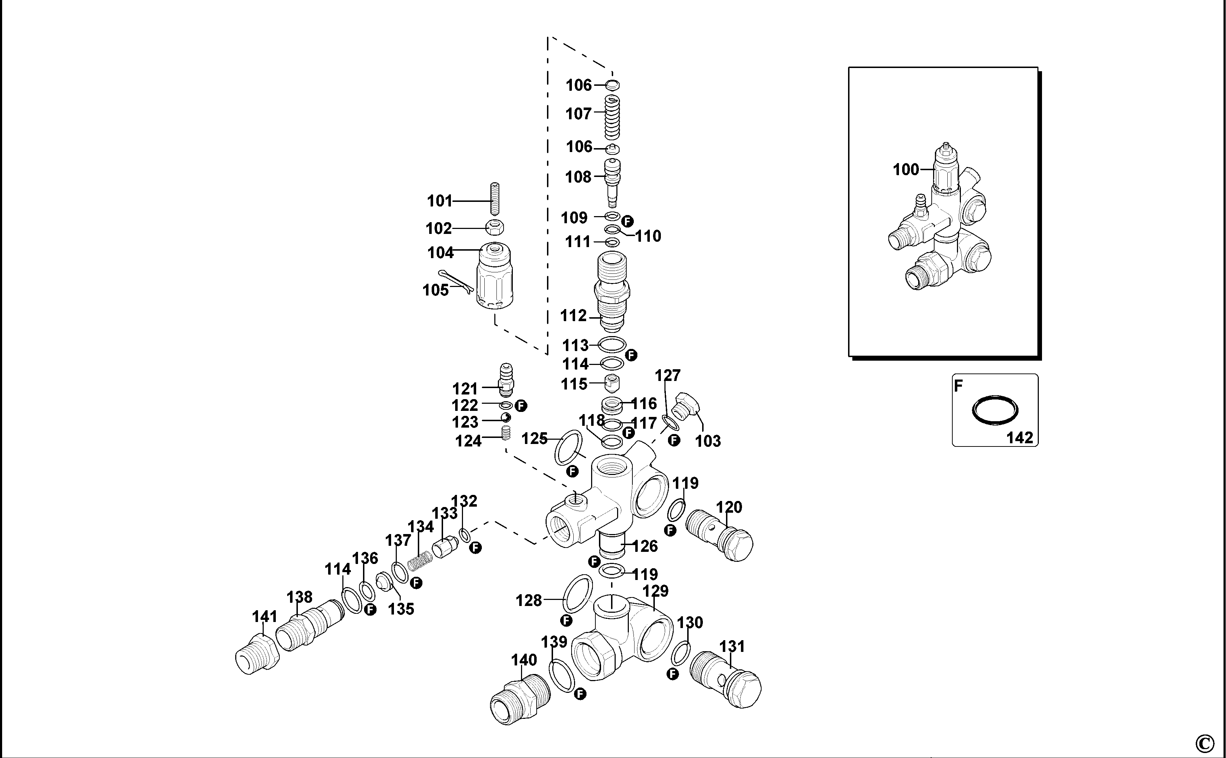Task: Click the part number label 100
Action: click(x=906, y=170)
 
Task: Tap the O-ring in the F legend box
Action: click(x=995, y=411)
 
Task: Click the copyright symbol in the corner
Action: click(x=1204, y=743)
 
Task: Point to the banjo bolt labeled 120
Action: click(x=719, y=536)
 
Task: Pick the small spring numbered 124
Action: click(x=506, y=432)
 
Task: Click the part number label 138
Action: click(x=299, y=597)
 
